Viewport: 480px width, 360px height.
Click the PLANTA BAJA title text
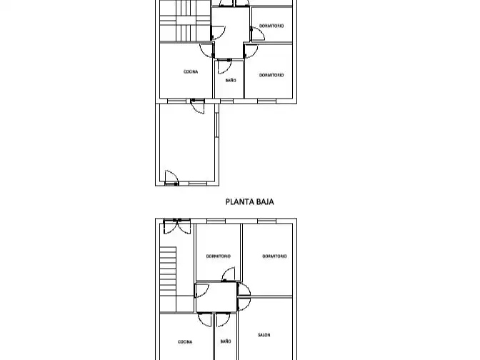(x=249, y=201)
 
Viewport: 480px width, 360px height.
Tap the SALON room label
(x=264, y=335)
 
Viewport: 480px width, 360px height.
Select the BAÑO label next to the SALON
(x=226, y=341)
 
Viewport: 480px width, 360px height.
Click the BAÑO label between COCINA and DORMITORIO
(x=231, y=80)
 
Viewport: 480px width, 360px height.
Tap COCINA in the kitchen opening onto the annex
(x=191, y=71)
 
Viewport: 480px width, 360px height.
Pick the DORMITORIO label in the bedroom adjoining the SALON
(x=274, y=256)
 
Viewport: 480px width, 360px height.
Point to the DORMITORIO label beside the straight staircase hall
(x=219, y=256)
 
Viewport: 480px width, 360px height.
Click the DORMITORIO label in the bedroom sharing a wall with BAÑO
(x=271, y=75)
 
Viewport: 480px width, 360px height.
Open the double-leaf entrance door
(x=177, y=226)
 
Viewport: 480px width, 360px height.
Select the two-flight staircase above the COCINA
(x=185, y=21)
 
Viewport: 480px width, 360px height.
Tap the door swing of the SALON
(x=244, y=304)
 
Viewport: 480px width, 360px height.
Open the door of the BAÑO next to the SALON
(x=223, y=320)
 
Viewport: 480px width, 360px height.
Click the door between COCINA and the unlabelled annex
(x=197, y=106)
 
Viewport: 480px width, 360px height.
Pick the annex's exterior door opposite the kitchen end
(x=171, y=178)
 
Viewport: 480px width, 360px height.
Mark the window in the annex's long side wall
(x=216, y=125)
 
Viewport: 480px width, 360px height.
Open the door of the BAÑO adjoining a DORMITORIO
(x=224, y=66)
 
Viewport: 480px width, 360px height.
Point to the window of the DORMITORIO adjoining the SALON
(x=266, y=221)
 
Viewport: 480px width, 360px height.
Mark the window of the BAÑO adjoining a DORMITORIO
(x=226, y=101)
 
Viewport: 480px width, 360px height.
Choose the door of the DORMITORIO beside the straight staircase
(x=229, y=274)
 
